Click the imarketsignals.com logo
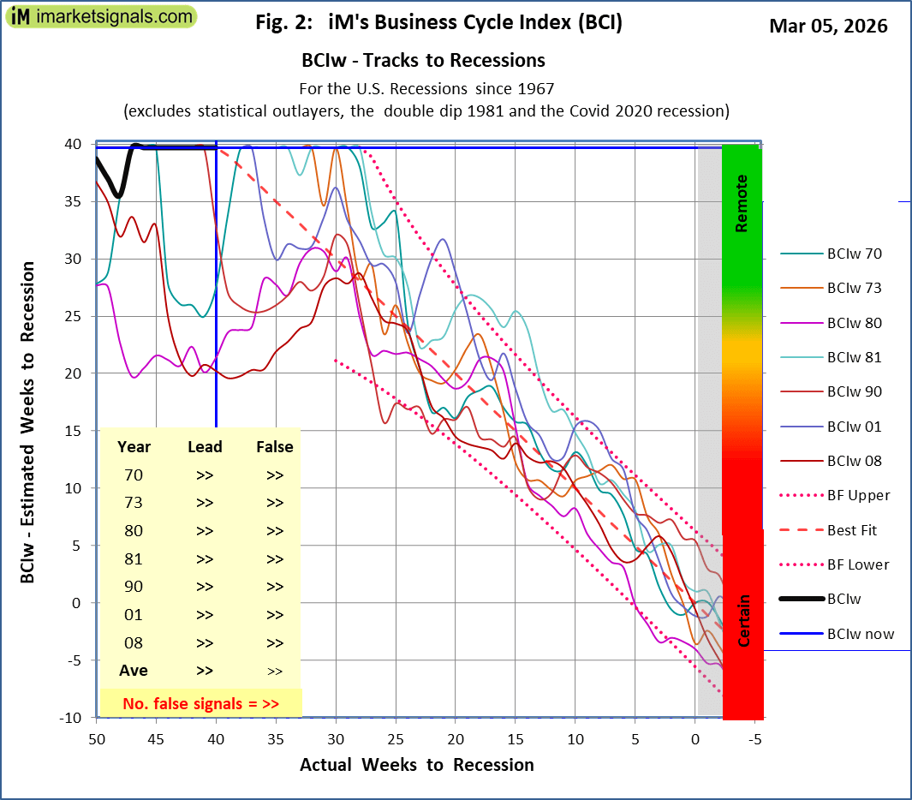(x=101, y=15)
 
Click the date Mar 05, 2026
(x=828, y=26)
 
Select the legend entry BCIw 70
(x=854, y=254)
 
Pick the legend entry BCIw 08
(x=854, y=461)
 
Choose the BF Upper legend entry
(x=858, y=495)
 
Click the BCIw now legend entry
(x=860, y=634)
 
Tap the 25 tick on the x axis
(x=395, y=737)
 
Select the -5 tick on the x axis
(x=754, y=737)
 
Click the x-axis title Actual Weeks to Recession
(x=416, y=765)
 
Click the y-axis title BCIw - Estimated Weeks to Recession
(x=28, y=422)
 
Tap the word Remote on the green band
(x=742, y=203)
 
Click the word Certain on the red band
(x=744, y=620)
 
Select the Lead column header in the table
(x=205, y=446)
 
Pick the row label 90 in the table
(x=134, y=587)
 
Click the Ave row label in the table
(x=134, y=671)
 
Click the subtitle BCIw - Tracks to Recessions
(x=423, y=61)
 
